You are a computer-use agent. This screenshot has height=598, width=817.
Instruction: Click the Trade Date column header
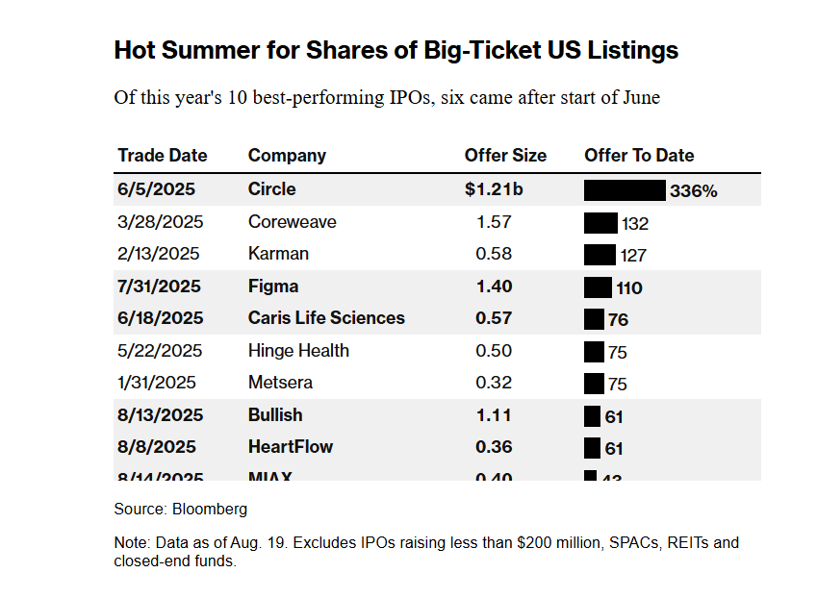163,156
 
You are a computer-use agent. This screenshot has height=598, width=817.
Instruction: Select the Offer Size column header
505,156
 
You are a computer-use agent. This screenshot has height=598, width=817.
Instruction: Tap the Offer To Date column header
639,156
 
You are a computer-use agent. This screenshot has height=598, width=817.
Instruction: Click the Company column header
287,156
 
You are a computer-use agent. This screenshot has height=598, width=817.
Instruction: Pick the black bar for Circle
625,190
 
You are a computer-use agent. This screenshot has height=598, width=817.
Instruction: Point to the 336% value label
694,191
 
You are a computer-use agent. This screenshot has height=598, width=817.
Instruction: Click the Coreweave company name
293,222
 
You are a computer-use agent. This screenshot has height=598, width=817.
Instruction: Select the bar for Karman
600,255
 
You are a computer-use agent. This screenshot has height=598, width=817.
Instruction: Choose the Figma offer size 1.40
494,287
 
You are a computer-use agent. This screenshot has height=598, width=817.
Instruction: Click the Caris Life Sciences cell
326,318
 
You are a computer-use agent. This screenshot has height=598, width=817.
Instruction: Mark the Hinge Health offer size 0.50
494,351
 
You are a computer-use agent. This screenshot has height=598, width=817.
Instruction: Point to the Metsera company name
281,383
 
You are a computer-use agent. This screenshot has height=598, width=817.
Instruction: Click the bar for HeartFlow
592,448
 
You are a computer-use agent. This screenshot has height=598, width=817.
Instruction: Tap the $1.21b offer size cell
494,189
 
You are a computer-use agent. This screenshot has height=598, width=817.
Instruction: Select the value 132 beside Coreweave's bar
635,224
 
